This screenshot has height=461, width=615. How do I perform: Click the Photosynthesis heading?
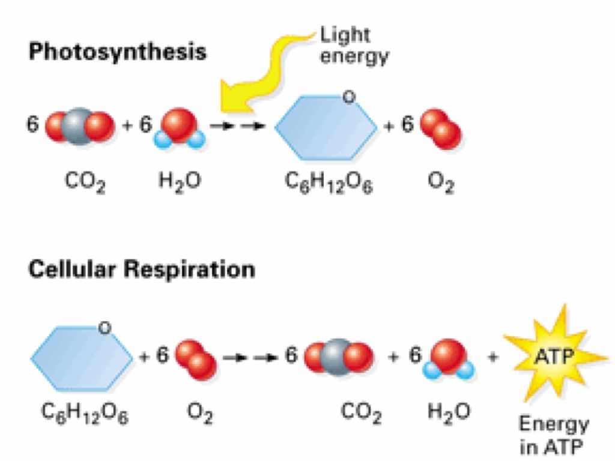118,52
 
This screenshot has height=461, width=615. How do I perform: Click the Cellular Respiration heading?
142,270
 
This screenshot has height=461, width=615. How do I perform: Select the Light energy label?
354,46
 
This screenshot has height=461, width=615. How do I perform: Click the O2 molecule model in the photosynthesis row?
441,127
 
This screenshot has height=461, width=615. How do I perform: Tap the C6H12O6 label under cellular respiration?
85,412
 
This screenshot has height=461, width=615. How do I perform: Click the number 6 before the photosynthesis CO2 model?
34,124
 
